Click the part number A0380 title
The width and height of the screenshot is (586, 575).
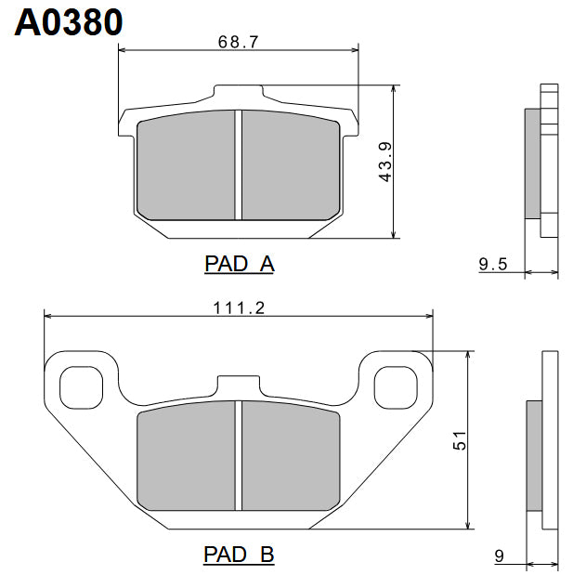point(69,22)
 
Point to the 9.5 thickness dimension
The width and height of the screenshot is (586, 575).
point(492,265)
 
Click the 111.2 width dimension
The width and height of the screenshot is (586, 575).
point(240,308)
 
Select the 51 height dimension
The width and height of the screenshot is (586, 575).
point(459,441)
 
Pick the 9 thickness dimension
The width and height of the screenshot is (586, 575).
point(499,556)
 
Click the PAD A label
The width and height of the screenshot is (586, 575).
point(239,264)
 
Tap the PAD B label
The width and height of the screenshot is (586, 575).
point(239,555)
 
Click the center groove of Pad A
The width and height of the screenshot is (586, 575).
point(239,164)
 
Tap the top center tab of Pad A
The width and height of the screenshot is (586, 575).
point(239,93)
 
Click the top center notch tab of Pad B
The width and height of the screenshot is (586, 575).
point(239,384)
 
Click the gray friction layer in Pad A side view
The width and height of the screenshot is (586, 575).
point(532,163)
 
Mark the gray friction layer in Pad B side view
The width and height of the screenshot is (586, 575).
point(534,455)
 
